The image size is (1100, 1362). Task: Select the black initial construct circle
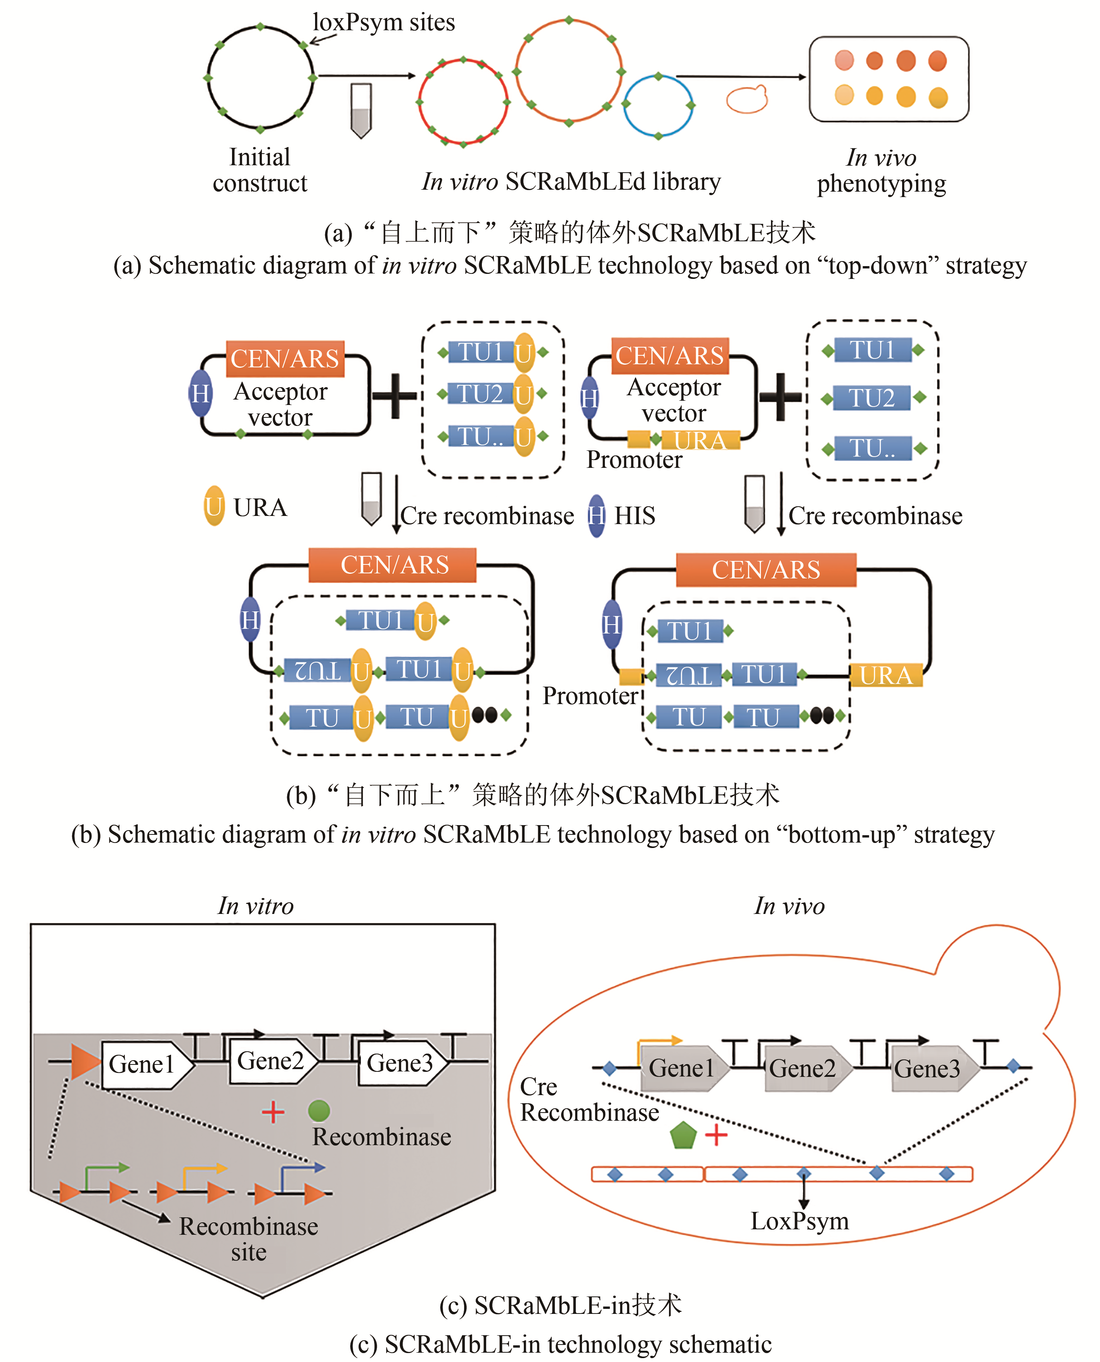[260, 78]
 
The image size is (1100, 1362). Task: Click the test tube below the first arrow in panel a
[360, 111]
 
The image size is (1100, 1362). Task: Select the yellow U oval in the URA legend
[214, 506]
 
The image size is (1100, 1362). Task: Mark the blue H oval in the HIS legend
[596, 516]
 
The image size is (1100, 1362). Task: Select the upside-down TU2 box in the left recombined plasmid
[317, 670]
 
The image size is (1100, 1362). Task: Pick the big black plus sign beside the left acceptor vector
[394, 395]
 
